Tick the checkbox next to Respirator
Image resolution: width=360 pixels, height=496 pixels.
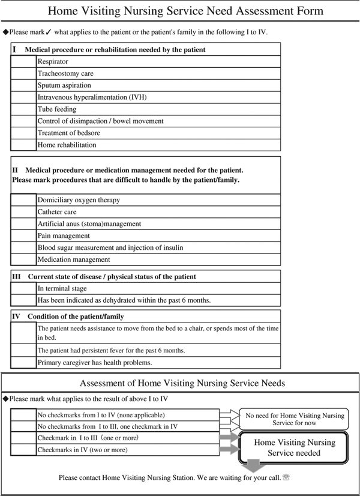(23, 61)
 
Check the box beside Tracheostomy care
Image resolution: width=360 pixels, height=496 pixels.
(23, 73)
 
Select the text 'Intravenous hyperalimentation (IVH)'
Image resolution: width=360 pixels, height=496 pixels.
(92, 97)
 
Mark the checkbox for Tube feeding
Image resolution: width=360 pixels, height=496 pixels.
(23, 109)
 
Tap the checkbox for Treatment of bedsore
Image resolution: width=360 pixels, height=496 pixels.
(23, 133)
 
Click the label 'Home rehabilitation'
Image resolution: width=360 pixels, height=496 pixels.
(67, 145)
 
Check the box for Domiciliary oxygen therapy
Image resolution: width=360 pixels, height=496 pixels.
(23, 200)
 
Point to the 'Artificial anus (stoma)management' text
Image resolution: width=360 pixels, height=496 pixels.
(89, 223)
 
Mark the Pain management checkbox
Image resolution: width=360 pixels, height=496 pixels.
(23, 235)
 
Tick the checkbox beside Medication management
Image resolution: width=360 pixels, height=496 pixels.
(23, 259)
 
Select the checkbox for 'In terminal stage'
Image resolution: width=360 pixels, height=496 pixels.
(23, 288)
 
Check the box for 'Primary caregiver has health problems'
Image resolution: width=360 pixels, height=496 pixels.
(23, 363)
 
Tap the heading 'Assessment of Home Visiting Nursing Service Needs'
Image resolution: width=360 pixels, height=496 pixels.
(182, 383)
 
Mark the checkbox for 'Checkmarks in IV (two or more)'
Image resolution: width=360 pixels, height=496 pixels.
(23, 450)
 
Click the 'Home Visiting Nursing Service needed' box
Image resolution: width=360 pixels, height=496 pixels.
(294, 447)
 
